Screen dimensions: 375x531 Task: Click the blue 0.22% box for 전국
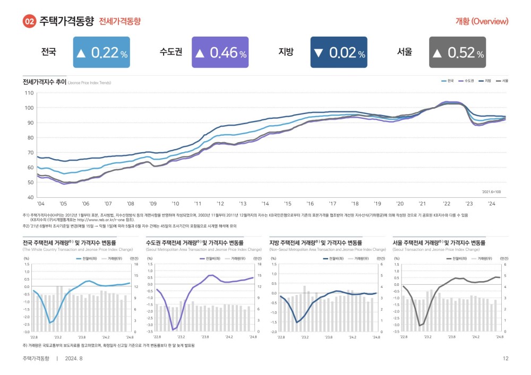click(101, 53)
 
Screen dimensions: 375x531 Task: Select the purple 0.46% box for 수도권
click(220, 53)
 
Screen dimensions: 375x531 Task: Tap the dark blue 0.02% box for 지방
click(339, 53)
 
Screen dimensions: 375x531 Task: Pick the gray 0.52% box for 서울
click(457, 53)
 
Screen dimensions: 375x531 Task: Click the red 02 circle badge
click(30, 22)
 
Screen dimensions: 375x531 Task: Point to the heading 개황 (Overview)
click(482, 22)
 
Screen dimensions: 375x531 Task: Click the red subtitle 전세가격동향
click(120, 22)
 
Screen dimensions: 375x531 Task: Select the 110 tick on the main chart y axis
click(29, 93)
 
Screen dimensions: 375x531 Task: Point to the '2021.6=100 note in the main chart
click(491, 191)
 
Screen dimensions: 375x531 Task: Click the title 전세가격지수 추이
click(44, 82)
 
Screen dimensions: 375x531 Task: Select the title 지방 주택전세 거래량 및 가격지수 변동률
click(317, 242)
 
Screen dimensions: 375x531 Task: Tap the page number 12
click(506, 359)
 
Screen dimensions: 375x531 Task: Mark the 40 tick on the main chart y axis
click(29, 197)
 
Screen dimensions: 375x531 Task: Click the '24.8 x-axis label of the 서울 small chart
click(499, 337)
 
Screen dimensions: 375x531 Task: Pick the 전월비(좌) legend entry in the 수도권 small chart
click(212, 258)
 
